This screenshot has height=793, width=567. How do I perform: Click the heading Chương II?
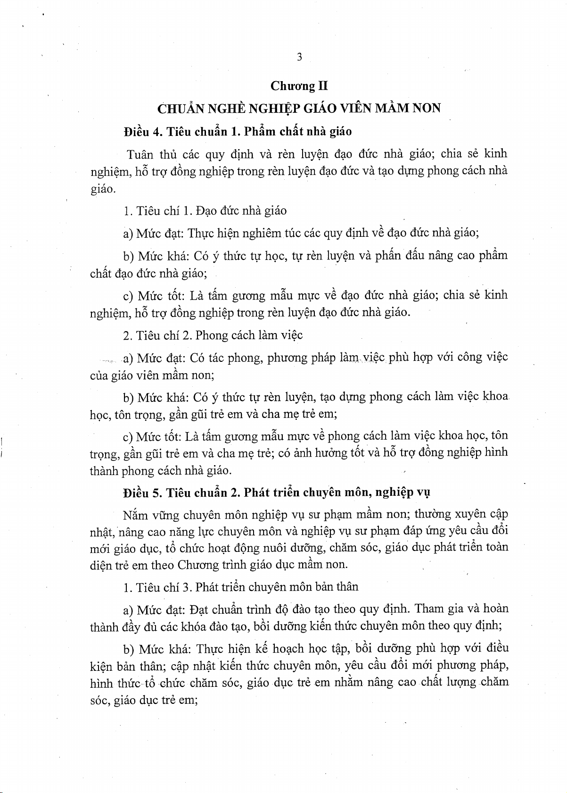coord(299,86)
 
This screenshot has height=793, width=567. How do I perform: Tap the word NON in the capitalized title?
coord(427,109)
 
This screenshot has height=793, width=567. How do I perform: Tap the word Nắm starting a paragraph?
coord(135,515)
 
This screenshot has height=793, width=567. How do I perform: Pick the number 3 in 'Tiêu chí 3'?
coord(186,587)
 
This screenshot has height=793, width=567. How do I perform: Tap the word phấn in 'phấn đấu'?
coord(388,256)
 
